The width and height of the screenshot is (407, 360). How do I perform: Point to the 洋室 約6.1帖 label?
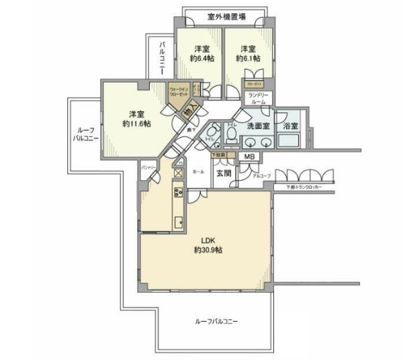click(248, 53)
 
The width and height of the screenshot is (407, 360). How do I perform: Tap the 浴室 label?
click(291, 126)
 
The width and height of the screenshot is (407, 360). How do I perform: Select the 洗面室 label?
click(258, 126)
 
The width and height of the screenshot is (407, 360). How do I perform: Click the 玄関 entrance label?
click(224, 173)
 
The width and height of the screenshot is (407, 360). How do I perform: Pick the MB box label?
click(249, 157)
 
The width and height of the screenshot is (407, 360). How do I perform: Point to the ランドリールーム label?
click(259, 99)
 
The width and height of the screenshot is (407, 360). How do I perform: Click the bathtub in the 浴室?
click(291, 142)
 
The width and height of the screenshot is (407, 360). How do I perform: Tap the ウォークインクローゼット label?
click(179, 91)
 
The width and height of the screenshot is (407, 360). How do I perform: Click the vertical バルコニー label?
click(163, 60)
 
